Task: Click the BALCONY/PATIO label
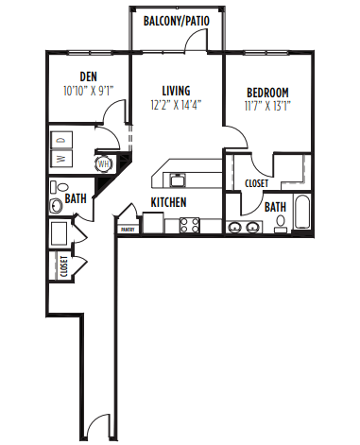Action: click(176, 20)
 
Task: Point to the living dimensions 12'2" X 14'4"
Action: click(177, 105)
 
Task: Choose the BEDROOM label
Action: click(267, 93)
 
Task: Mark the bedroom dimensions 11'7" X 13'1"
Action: click(267, 106)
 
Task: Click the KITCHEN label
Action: click(168, 202)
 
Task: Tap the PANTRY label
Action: click(126, 229)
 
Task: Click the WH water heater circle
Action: click(103, 163)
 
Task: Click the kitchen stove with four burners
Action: click(189, 225)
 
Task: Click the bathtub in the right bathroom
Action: click(301, 212)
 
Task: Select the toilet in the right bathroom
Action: click(280, 223)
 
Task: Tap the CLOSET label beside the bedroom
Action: click(256, 183)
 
